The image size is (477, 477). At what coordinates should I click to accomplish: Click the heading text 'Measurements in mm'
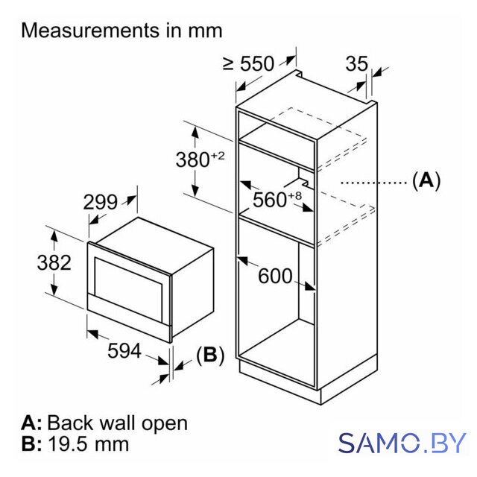click(x=121, y=31)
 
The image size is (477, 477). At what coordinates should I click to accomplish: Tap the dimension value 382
click(x=54, y=262)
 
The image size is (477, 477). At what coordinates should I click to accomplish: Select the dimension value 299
click(x=100, y=202)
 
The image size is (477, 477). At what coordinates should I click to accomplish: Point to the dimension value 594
click(x=124, y=351)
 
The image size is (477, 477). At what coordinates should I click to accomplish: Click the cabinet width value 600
click(x=275, y=277)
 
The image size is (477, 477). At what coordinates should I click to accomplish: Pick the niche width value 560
click(x=270, y=200)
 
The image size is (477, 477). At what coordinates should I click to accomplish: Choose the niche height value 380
click(x=192, y=159)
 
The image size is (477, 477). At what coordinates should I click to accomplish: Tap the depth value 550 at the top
click(x=257, y=64)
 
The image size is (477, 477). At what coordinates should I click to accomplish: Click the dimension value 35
click(x=356, y=64)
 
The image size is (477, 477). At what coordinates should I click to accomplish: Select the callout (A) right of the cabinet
click(x=426, y=180)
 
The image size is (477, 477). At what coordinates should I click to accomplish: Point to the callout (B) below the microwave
click(x=210, y=355)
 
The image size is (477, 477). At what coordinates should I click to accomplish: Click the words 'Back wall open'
click(x=118, y=423)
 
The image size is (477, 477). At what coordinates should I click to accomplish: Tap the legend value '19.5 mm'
click(x=89, y=444)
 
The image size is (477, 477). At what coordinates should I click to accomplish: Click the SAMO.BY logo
click(x=402, y=443)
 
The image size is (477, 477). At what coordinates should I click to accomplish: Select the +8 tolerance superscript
click(x=294, y=195)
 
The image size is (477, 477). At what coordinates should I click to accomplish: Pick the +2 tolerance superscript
click(x=218, y=156)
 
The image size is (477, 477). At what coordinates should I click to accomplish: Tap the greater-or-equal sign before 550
click(x=229, y=63)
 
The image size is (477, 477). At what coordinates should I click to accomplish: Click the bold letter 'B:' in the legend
click(x=31, y=444)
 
